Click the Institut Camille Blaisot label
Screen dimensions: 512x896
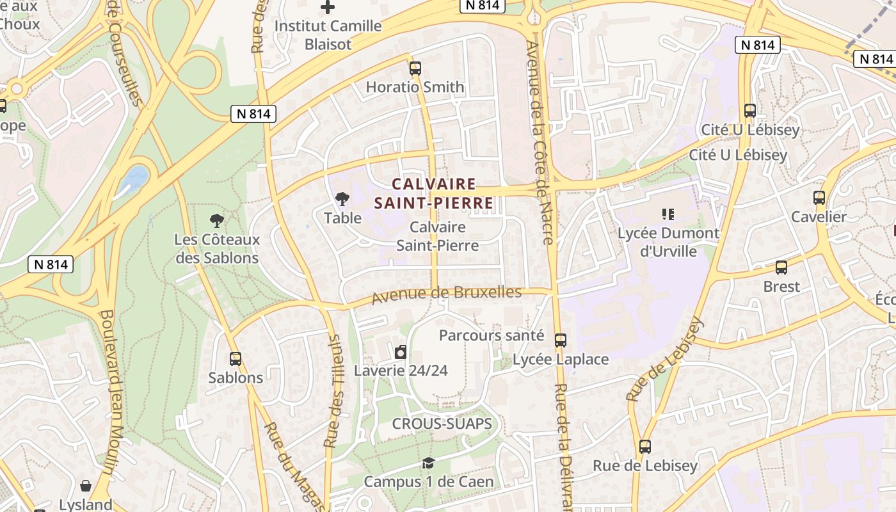tap(328, 35)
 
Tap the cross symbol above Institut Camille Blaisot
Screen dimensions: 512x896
tap(328, 8)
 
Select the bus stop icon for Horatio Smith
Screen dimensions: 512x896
tap(415, 68)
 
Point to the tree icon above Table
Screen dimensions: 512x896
tap(342, 199)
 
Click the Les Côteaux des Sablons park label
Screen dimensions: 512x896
tap(217, 249)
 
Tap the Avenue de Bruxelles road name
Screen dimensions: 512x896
tap(447, 294)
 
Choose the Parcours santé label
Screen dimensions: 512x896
tap(492, 335)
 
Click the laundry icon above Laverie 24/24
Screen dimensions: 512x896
tap(401, 351)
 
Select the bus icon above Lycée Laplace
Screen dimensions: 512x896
tap(561, 340)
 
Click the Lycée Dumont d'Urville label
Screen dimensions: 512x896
tap(668, 242)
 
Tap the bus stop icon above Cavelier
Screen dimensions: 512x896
tap(819, 198)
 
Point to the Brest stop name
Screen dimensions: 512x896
tap(781, 286)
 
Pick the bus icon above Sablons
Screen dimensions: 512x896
tap(236, 359)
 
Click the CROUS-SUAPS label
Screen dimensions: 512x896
tap(442, 424)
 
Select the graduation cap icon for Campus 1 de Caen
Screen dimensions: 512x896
tap(428, 463)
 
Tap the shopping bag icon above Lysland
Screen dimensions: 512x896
tap(86, 486)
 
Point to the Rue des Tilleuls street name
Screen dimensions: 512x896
tap(333, 390)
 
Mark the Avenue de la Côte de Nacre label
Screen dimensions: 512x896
tap(539, 144)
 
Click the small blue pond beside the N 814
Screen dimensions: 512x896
tap(135, 177)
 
